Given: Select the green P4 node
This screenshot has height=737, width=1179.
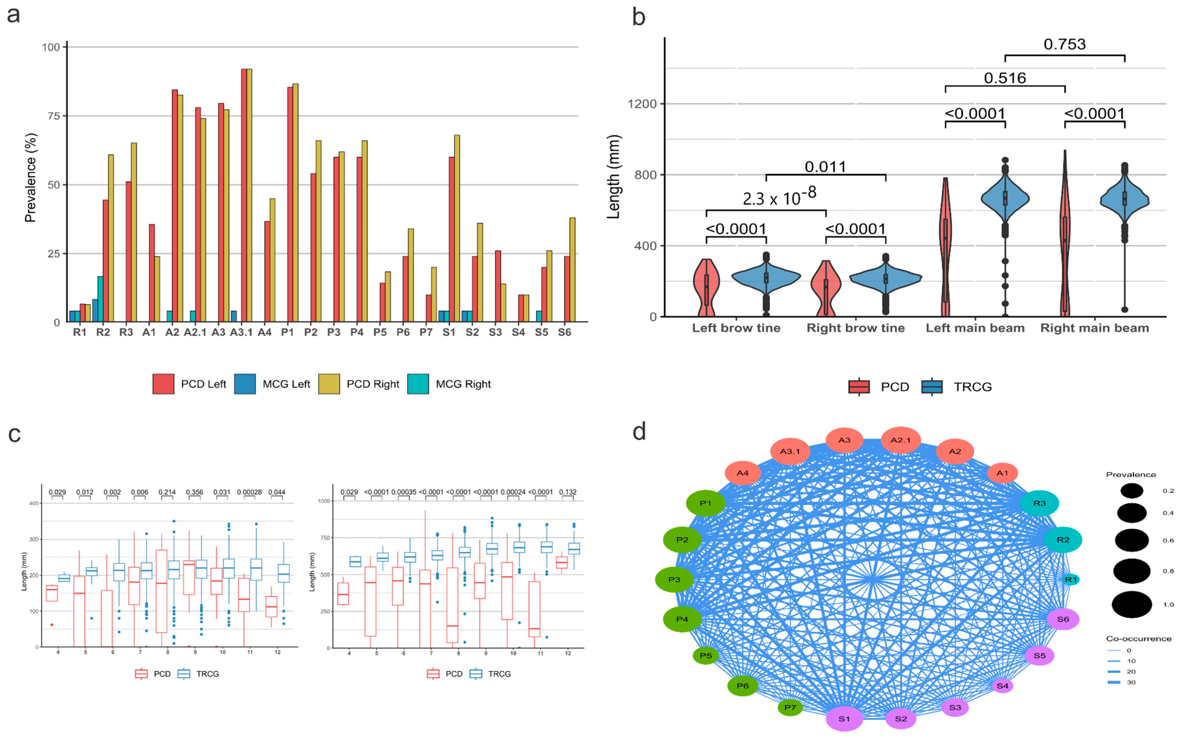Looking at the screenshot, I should [x=682, y=619].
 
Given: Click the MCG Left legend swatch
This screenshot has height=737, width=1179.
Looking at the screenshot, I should [x=245, y=384].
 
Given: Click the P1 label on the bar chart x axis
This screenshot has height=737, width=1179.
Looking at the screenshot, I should [x=288, y=332].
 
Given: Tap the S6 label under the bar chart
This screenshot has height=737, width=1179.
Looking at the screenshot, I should [x=564, y=332].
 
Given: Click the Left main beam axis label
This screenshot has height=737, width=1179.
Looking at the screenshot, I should [x=975, y=328].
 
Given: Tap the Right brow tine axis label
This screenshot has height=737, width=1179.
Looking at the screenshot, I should [x=855, y=328].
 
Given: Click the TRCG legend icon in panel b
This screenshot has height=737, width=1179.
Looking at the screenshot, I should [x=932, y=387].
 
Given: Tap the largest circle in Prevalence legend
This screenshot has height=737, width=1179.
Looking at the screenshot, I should [x=1132, y=604].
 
